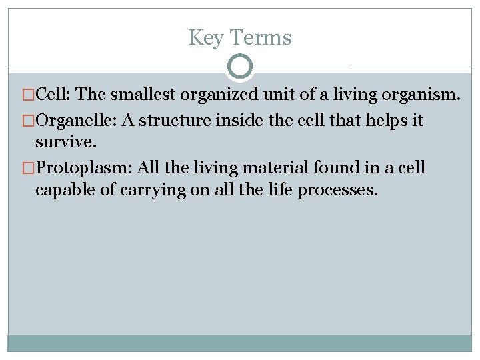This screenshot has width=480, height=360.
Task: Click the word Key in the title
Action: pyautogui.click(x=204, y=38)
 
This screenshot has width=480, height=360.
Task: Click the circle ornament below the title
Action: pyautogui.click(x=240, y=67)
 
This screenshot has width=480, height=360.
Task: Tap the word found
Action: pyautogui.click(x=338, y=167)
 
